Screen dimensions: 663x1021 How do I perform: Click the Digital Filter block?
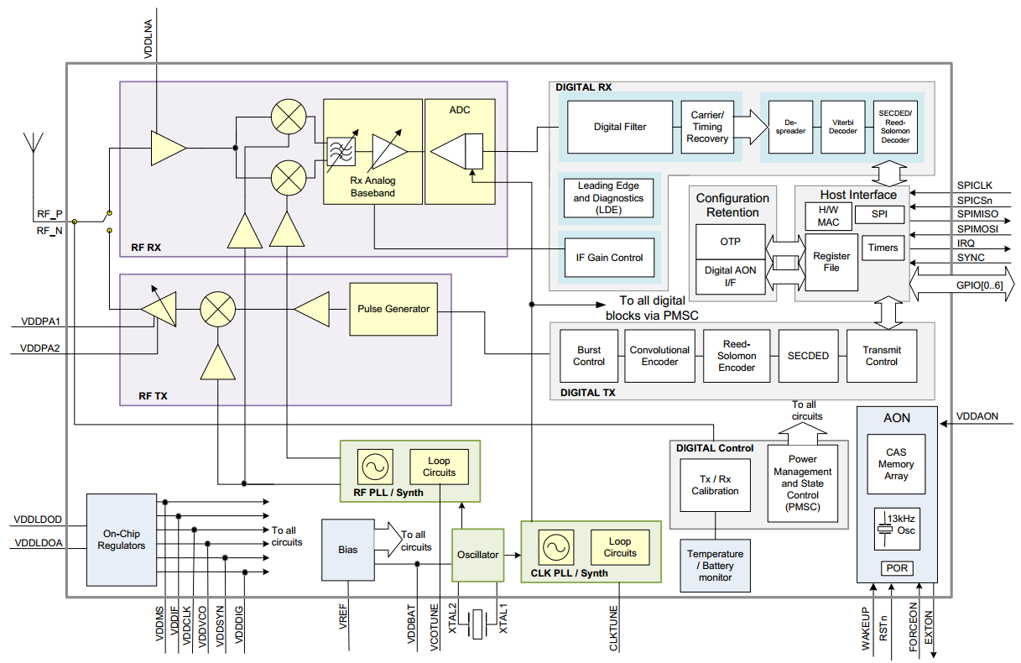620,127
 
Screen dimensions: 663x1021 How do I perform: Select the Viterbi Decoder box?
841,126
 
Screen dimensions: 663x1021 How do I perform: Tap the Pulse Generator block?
393,309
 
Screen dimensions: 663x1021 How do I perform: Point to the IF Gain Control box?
608,258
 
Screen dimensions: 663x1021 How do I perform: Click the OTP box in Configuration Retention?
730,242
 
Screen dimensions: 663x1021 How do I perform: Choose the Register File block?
831,262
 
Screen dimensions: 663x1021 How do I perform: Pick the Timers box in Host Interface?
883,248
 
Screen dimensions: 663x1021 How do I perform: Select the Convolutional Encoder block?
659,356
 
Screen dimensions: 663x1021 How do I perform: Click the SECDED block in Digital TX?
808,356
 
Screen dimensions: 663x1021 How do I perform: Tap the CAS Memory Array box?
896,464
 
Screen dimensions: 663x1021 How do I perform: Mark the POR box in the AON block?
896,568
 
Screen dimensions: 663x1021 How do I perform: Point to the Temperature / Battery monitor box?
715,566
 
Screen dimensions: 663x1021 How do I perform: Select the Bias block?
347,550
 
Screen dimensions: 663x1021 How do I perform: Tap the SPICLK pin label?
974,185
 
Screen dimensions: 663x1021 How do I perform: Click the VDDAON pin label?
977,415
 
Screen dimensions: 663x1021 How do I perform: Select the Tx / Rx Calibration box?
715,485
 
